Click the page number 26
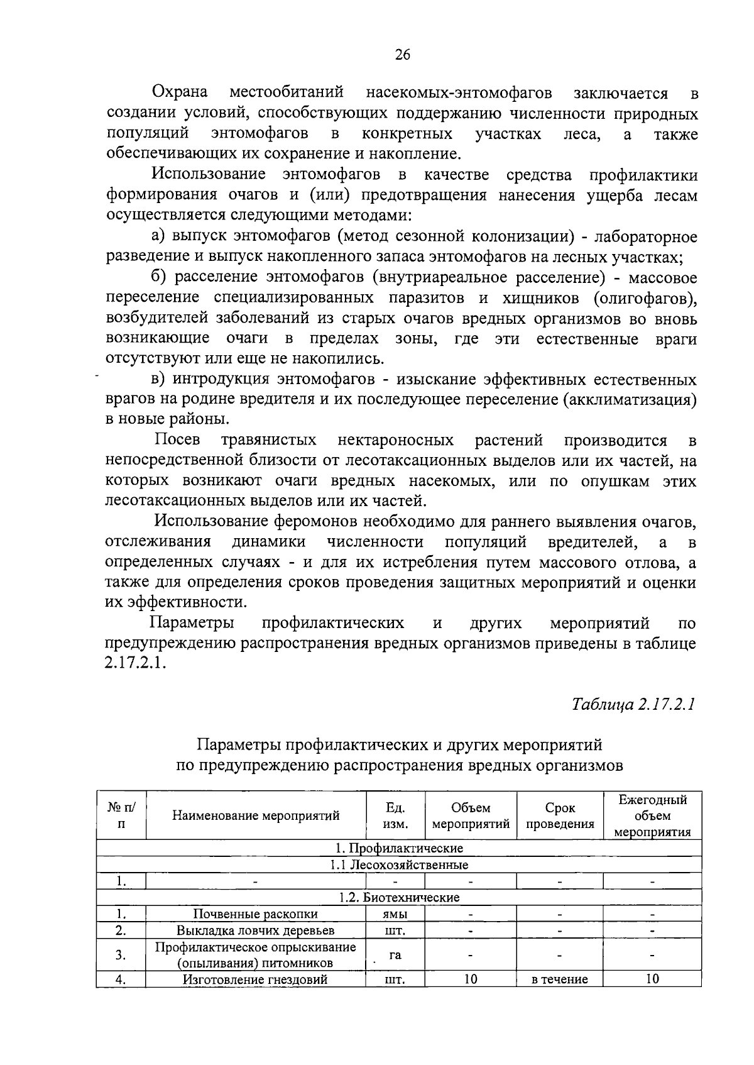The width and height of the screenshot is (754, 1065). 402,55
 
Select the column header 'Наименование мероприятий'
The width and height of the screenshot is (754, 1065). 256,815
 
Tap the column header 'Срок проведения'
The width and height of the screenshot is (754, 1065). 560,815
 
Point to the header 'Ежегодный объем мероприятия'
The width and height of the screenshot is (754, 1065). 652,815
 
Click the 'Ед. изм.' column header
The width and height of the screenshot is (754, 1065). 395,815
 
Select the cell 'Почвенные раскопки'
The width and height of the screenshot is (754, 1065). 255,913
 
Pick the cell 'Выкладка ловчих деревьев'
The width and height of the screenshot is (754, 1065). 255,930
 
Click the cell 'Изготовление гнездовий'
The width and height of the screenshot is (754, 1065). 255,979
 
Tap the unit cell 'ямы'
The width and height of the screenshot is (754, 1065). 395,913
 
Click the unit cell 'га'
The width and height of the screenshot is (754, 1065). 395,954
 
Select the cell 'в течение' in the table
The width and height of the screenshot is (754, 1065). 560,979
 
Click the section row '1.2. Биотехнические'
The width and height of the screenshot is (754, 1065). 399,897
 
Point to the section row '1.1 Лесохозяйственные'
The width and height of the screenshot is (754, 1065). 399,864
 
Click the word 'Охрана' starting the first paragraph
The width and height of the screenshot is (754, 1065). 181,92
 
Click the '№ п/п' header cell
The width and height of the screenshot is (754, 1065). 121,815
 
